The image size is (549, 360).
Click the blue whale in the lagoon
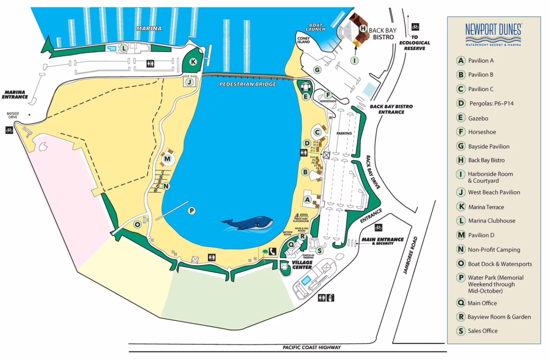tap(248, 223)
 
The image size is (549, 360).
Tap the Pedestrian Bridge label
tap(248, 84)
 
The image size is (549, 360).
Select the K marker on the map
tap(193, 62)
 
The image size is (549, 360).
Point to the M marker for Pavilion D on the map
tap(168, 159)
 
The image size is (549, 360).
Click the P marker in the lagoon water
tap(191, 211)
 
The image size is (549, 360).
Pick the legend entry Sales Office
tap(483, 331)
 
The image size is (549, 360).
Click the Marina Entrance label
tap(15, 94)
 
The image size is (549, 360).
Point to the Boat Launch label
tap(316, 27)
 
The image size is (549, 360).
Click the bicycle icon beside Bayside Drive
tap(9, 129)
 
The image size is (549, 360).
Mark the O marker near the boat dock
tap(138, 224)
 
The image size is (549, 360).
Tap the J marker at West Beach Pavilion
tap(189, 82)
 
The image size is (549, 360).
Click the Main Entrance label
tap(382, 240)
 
